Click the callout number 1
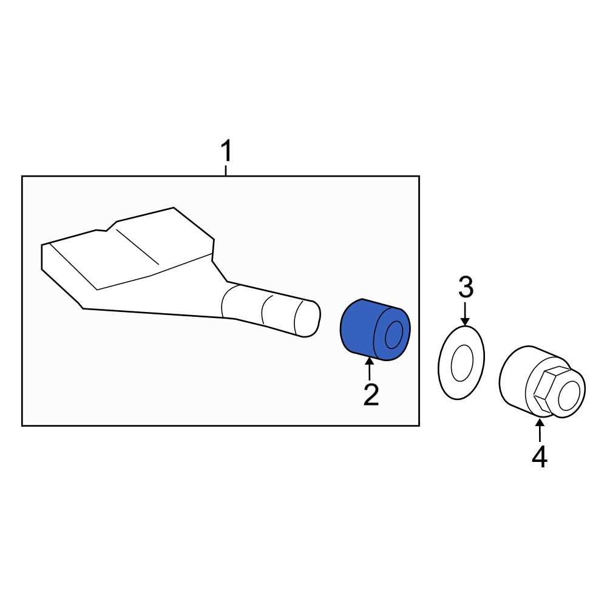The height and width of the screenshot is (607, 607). tap(226, 151)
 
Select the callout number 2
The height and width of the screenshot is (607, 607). tap(371, 394)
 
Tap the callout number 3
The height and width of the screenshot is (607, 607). tap(466, 287)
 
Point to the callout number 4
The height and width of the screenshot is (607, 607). tap(539, 457)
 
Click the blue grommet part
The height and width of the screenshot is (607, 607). tap(375, 330)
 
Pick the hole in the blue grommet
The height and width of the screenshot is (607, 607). tap(394, 335)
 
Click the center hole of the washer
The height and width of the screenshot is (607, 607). tap(462, 363)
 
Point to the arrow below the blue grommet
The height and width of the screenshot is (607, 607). tap(370, 369)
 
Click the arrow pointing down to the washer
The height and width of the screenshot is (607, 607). tap(466, 314)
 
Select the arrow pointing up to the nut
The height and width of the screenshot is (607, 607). tap(539, 430)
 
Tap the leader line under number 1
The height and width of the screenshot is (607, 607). tap(226, 171)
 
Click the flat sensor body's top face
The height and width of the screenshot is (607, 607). tap(127, 252)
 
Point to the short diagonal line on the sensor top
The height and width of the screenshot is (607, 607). tap(137, 246)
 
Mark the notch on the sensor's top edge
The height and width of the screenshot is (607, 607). tap(106, 227)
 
